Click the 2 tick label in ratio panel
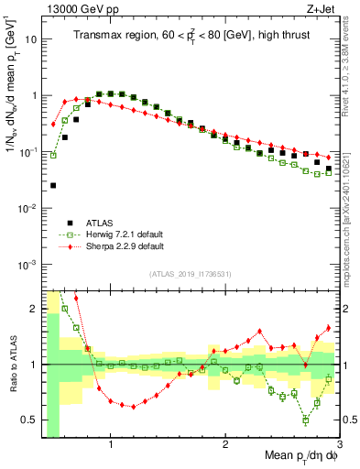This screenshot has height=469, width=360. (x=33, y=308)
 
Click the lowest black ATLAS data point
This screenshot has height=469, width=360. (x=53, y=185)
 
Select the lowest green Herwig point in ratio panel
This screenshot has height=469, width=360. (x=306, y=420)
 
